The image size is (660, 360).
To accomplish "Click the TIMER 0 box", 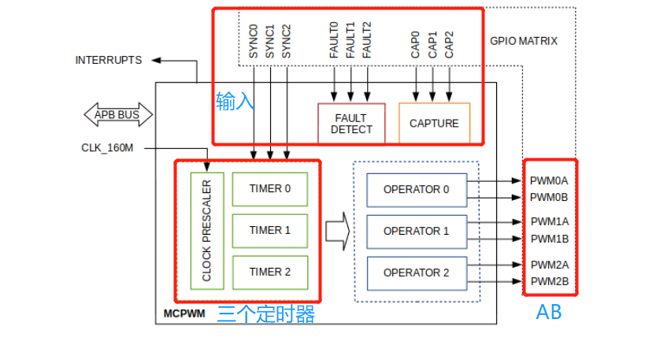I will (x=269, y=188).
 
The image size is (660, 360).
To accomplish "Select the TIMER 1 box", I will (x=269, y=230).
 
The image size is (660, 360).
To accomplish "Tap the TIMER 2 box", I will (x=269, y=272).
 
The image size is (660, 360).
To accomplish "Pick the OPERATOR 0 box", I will (x=416, y=189).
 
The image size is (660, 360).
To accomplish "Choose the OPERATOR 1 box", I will (x=416, y=231).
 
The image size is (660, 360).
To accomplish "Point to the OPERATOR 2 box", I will (x=416, y=273).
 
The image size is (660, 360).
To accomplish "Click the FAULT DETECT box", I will (x=351, y=124).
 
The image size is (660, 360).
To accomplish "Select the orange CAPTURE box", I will (x=434, y=123).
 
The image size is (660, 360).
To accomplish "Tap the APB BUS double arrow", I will (x=117, y=115).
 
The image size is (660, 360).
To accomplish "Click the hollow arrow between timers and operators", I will (x=337, y=231).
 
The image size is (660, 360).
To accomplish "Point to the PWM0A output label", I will (x=549, y=180).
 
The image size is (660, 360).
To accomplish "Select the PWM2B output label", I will (x=549, y=281).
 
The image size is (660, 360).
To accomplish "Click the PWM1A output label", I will (x=549, y=222).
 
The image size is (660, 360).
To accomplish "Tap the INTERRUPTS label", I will (x=109, y=60).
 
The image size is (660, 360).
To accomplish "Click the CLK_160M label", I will (x=107, y=147).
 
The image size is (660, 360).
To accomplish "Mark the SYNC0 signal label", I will (x=254, y=41).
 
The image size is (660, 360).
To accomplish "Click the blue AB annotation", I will (x=549, y=313).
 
